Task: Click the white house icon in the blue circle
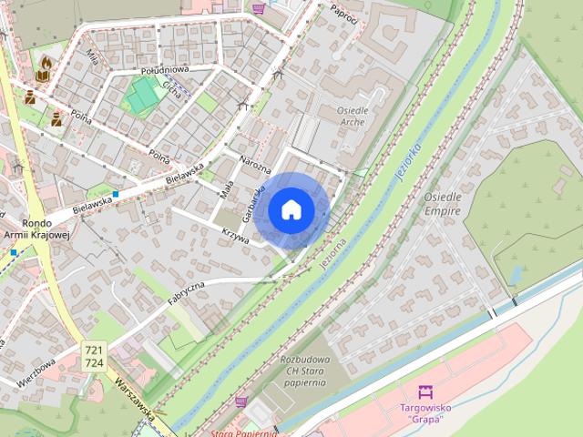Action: click(291, 209)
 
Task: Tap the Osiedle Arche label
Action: click(345, 116)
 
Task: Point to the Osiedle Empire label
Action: click(443, 203)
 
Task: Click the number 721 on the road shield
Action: click(94, 350)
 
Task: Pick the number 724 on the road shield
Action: click(94, 362)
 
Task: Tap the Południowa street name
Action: click(164, 70)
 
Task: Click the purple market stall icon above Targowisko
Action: click(423, 392)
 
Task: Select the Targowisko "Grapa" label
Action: click(422, 412)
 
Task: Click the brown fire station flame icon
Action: click(44, 63)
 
